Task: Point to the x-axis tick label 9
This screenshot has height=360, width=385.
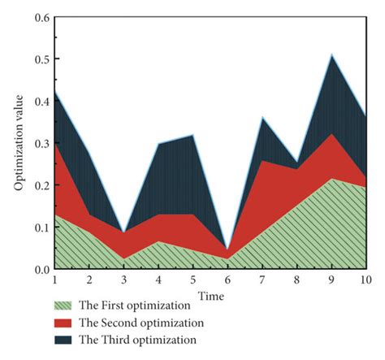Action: click(x=331, y=280)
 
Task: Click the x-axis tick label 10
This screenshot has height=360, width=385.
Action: click(x=365, y=280)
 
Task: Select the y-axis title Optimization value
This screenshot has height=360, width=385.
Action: click(x=17, y=143)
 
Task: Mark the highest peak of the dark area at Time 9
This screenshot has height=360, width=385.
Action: click(x=331, y=55)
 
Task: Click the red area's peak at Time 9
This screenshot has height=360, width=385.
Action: click(x=331, y=134)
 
